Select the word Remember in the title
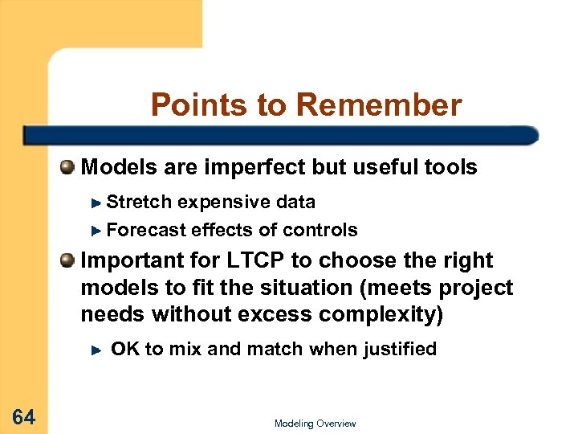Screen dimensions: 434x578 [379, 105]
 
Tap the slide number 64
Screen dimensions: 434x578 [23, 416]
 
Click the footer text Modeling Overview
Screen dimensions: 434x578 [315, 424]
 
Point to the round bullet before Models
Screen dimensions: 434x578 [68, 167]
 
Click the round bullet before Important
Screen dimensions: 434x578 [68, 260]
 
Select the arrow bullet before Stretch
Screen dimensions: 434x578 [96, 202]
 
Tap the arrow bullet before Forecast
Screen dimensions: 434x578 [96, 231]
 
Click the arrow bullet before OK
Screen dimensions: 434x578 [96, 350]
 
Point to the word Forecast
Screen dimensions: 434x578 [146, 230]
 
